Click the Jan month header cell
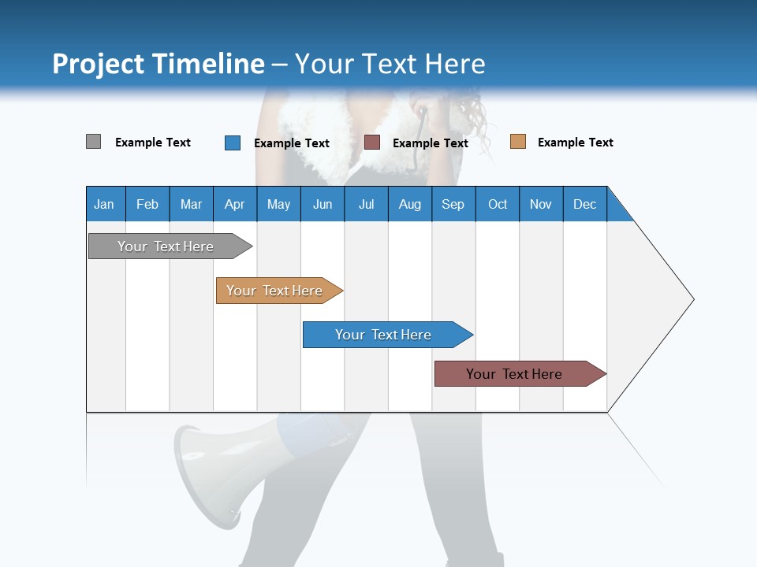click(105, 204)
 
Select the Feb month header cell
click(147, 204)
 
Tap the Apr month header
click(235, 204)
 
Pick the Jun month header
click(323, 204)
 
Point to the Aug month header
click(410, 204)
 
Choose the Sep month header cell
click(453, 204)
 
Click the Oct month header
click(498, 204)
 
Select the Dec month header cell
click(585, 204)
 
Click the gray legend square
click(93, 142)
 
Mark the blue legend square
click(232, 143)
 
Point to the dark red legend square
click(372, 142)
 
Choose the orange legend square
click(517, 142)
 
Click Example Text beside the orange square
click(575, 143)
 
